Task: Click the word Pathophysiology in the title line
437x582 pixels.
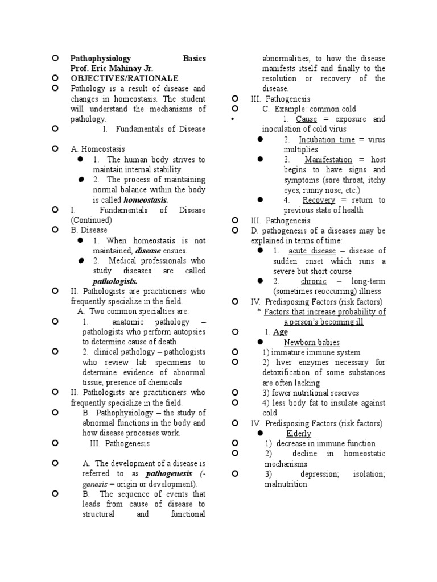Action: point(100,59)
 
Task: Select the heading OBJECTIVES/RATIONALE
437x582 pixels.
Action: point(124,78)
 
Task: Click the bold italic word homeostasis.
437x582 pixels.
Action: point(146,200)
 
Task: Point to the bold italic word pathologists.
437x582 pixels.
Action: point(115,281)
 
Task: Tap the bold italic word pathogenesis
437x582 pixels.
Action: point(170,473)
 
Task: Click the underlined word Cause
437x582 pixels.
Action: point(306,119)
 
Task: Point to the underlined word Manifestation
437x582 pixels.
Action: point(328,160)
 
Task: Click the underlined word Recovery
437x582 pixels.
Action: point(319,200)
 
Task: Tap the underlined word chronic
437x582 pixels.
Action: point(314,281)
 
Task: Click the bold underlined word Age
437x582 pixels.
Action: point(281,332)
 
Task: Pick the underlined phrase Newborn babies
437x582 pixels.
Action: point(312,342)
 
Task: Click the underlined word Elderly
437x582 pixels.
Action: point(299,433)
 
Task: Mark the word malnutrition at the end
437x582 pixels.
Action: point(285,484)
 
